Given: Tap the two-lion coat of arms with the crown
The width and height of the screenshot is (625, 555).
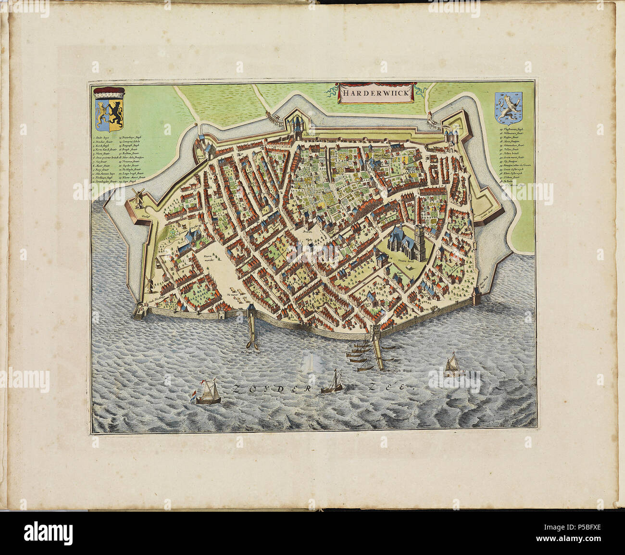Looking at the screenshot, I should (109, 110).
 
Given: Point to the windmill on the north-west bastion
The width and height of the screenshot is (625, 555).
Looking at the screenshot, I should (138, 197).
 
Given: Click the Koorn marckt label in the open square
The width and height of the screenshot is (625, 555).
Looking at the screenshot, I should (208, 260).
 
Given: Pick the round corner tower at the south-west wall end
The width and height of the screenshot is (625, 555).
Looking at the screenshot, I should (138, 311).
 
